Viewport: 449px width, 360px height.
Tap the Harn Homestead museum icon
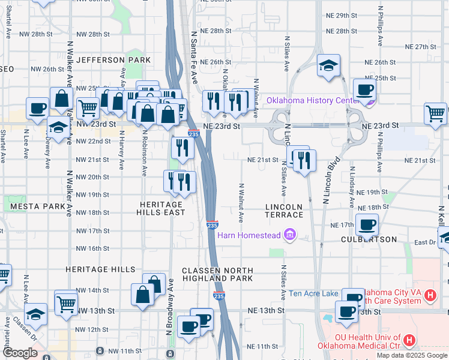click(290, 235)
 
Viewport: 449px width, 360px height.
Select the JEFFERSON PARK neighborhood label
click(113, 60)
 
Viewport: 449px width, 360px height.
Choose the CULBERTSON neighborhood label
click(369, 239)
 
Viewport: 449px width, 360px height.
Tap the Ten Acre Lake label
click(313, 293)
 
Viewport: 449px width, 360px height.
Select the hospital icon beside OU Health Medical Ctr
click(409, 340)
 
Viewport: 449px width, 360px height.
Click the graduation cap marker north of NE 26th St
click(329, 66)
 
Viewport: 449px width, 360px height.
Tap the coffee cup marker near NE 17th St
click(366, 225)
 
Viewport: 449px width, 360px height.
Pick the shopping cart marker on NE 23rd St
click(435, 113)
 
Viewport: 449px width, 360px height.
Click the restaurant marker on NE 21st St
click(305, 160)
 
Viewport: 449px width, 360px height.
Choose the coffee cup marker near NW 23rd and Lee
click(37, 108)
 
